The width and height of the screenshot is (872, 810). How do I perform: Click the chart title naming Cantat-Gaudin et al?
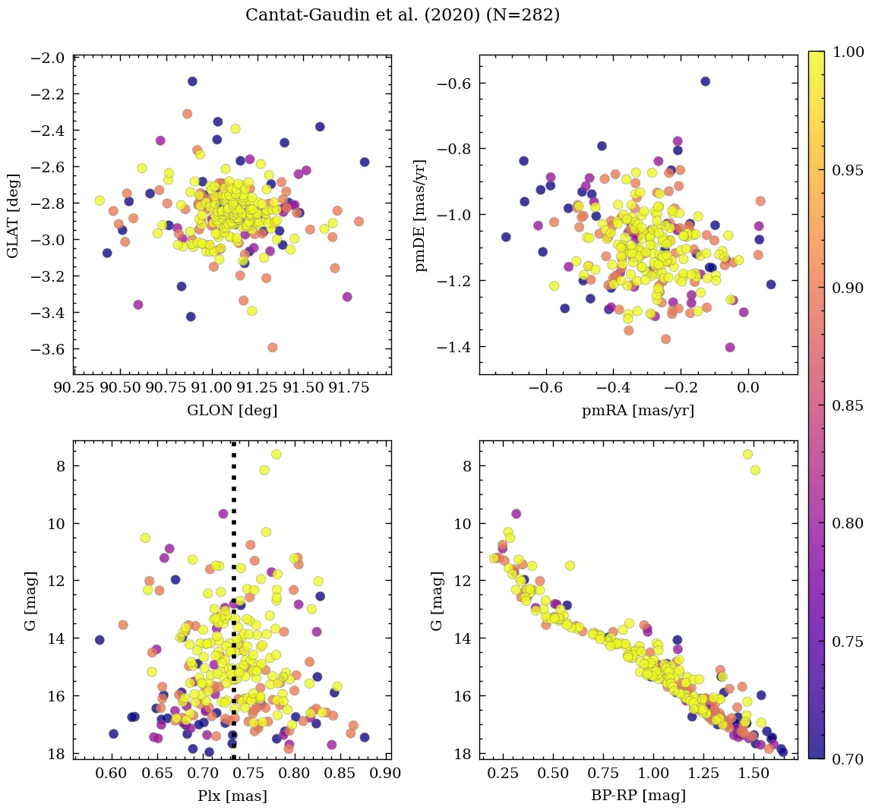403,15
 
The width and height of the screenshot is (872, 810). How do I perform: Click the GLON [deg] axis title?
232,411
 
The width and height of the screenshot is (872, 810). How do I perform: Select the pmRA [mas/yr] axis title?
638,411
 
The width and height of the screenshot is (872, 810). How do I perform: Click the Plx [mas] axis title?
232,796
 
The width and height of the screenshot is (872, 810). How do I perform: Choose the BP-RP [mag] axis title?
638,796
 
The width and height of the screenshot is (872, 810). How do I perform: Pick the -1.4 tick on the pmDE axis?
453,347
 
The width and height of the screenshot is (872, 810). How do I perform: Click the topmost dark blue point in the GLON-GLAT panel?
192,81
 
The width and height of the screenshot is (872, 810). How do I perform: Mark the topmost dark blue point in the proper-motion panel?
705,81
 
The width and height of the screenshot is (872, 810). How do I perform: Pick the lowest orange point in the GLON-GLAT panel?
272,347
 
